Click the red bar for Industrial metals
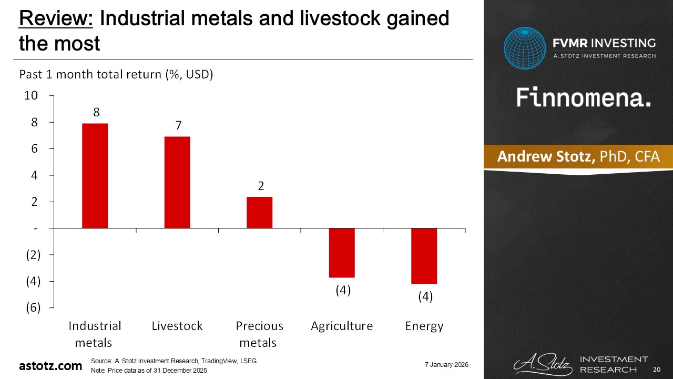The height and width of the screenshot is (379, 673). point(95,176)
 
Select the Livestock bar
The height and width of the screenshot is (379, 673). point(177,182)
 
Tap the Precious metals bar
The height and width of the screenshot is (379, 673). point(260,212)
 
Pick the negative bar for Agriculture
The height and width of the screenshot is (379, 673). point(342,253)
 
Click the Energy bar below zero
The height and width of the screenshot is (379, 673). point(424,256)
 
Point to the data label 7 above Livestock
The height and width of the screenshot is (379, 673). point(178,125)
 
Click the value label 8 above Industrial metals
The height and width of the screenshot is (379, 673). point(96,112)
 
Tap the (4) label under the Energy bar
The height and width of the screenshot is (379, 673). point(425,296)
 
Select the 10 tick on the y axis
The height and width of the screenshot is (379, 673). point(31,96)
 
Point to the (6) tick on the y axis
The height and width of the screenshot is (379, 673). point(33,308)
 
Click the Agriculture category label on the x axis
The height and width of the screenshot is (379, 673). point(342,326)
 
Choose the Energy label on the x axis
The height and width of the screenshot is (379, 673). point(424,326)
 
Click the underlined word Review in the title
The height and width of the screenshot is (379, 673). point(56,18)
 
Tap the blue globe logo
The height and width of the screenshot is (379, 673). point(525,48)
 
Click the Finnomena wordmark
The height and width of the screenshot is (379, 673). point(584,97)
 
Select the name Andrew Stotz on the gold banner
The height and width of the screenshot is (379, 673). point(546,156)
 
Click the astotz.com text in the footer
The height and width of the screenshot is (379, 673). point(50,366)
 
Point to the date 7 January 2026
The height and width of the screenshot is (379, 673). point(446,365)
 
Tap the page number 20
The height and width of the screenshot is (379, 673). point(657,370)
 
